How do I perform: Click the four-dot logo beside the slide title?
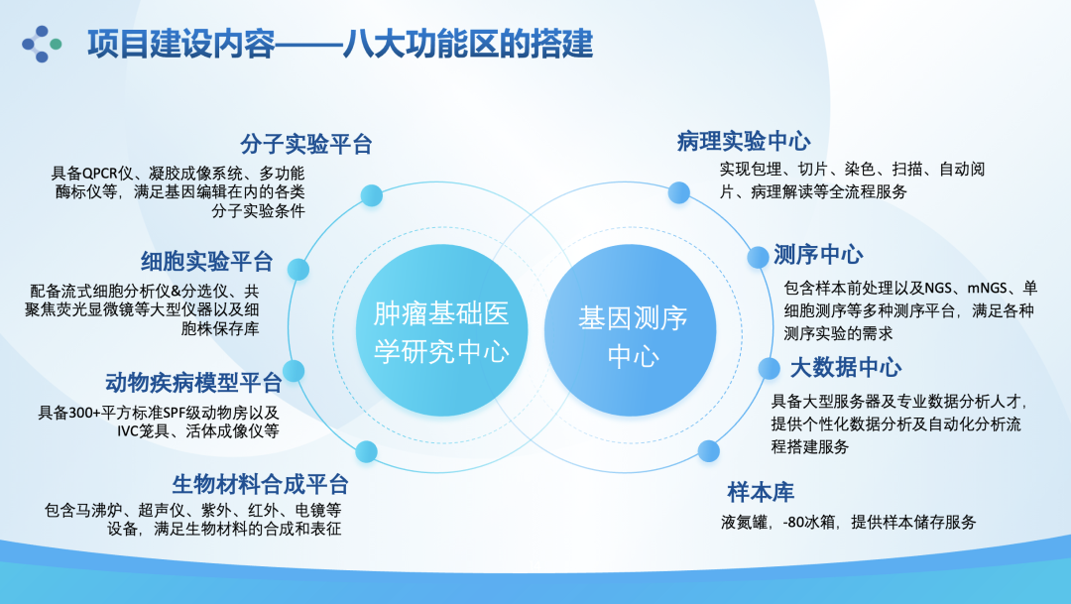(x=42, y=44)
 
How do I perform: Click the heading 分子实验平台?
(x=306, y=144)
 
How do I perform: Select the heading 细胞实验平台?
(x=206, y=262)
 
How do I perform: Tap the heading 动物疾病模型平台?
(x=193, y=382)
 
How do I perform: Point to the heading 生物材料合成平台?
(x=260, y=485)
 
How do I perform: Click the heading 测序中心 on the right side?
(x=818, y=255)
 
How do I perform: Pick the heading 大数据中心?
(x=846, y=368)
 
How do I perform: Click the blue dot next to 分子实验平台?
(x=372, y=195)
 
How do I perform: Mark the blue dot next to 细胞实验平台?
(x=294, y=267)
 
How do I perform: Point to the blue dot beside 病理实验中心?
(x=678, y=192)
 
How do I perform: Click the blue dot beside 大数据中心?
(x=770, y=369)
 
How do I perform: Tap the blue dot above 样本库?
(x=708, y=451)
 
